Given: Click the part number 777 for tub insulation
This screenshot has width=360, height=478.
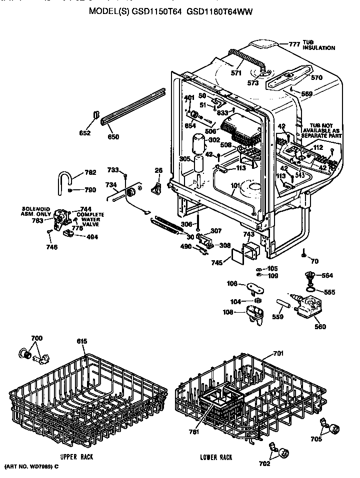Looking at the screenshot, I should [294, 44].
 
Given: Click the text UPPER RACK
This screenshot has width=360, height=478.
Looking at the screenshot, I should [76, 457].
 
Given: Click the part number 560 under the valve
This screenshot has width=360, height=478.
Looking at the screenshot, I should [320, 327].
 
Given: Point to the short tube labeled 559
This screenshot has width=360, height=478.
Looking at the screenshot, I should [283, 304].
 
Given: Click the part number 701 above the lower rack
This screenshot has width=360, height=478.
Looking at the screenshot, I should [278, 354].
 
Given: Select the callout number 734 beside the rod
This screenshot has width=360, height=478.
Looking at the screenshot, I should [111, 185].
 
